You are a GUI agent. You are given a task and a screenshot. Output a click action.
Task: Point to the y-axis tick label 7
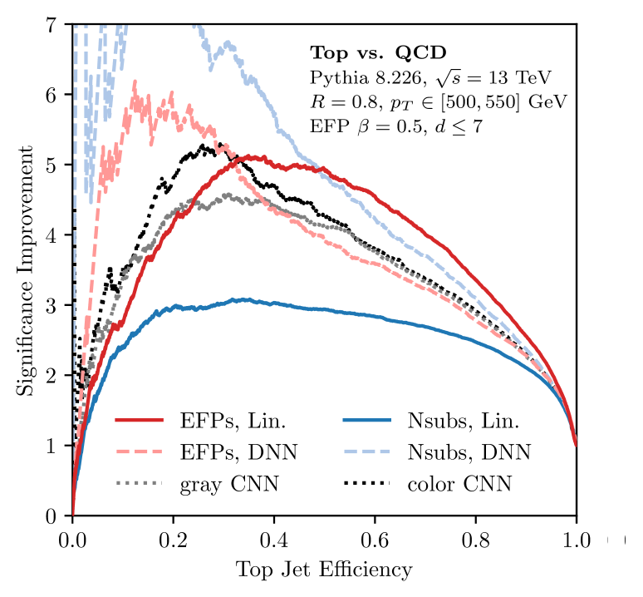53,25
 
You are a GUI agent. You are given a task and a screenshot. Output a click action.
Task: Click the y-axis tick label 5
53,165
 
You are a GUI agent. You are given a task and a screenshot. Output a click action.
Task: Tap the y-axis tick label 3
53,305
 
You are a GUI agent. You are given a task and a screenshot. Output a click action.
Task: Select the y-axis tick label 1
53,446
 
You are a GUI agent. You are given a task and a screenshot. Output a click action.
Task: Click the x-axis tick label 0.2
173,540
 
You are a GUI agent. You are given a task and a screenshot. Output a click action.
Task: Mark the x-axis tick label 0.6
375,540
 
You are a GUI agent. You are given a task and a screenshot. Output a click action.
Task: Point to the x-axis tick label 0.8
475,540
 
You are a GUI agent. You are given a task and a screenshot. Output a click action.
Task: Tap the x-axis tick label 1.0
576,540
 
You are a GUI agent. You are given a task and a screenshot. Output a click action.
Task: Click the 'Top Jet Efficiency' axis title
324,570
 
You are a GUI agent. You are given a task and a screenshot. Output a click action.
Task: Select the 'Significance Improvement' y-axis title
27,270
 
